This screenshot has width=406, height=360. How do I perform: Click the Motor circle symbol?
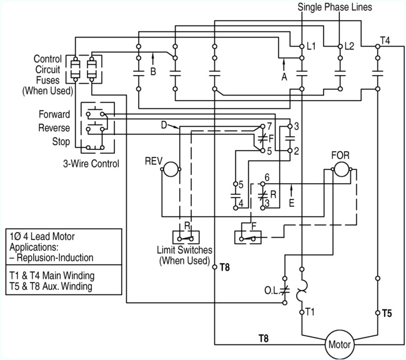pos(340,344)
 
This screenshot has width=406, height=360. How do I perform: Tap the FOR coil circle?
pos(341,169)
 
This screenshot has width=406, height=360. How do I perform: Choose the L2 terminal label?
pos(349,47)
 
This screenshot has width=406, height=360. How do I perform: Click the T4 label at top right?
pos(386,41)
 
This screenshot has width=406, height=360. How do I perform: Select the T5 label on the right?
pos(387,312)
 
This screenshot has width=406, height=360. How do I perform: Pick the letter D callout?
pos(163,125)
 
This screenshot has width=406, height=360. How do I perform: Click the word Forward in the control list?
pos(54,115)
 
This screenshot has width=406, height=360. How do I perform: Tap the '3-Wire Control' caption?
pos(91,164)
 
